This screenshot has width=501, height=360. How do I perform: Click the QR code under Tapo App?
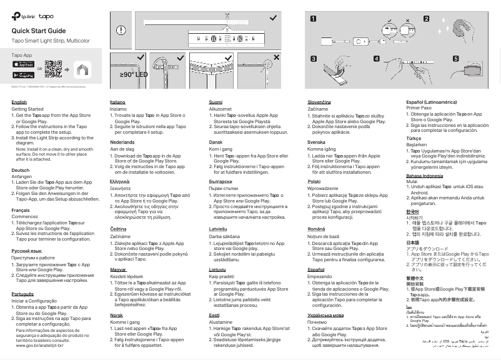[x=53, y=68]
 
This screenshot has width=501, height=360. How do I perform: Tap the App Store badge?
[x=23, y=64]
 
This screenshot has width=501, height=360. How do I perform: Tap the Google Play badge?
[x=23, y=72]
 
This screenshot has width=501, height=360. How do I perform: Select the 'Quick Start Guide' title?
[x=38, y=31]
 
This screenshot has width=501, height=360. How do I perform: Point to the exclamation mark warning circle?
[x=121, y=29]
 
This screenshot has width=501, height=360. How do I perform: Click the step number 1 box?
[x=313, y=19]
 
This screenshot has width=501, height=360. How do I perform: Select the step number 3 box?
[x=313, y=58]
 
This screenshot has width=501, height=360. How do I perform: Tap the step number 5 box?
[x=456, y=58]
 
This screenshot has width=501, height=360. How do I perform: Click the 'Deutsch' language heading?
[x=21, y=170]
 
